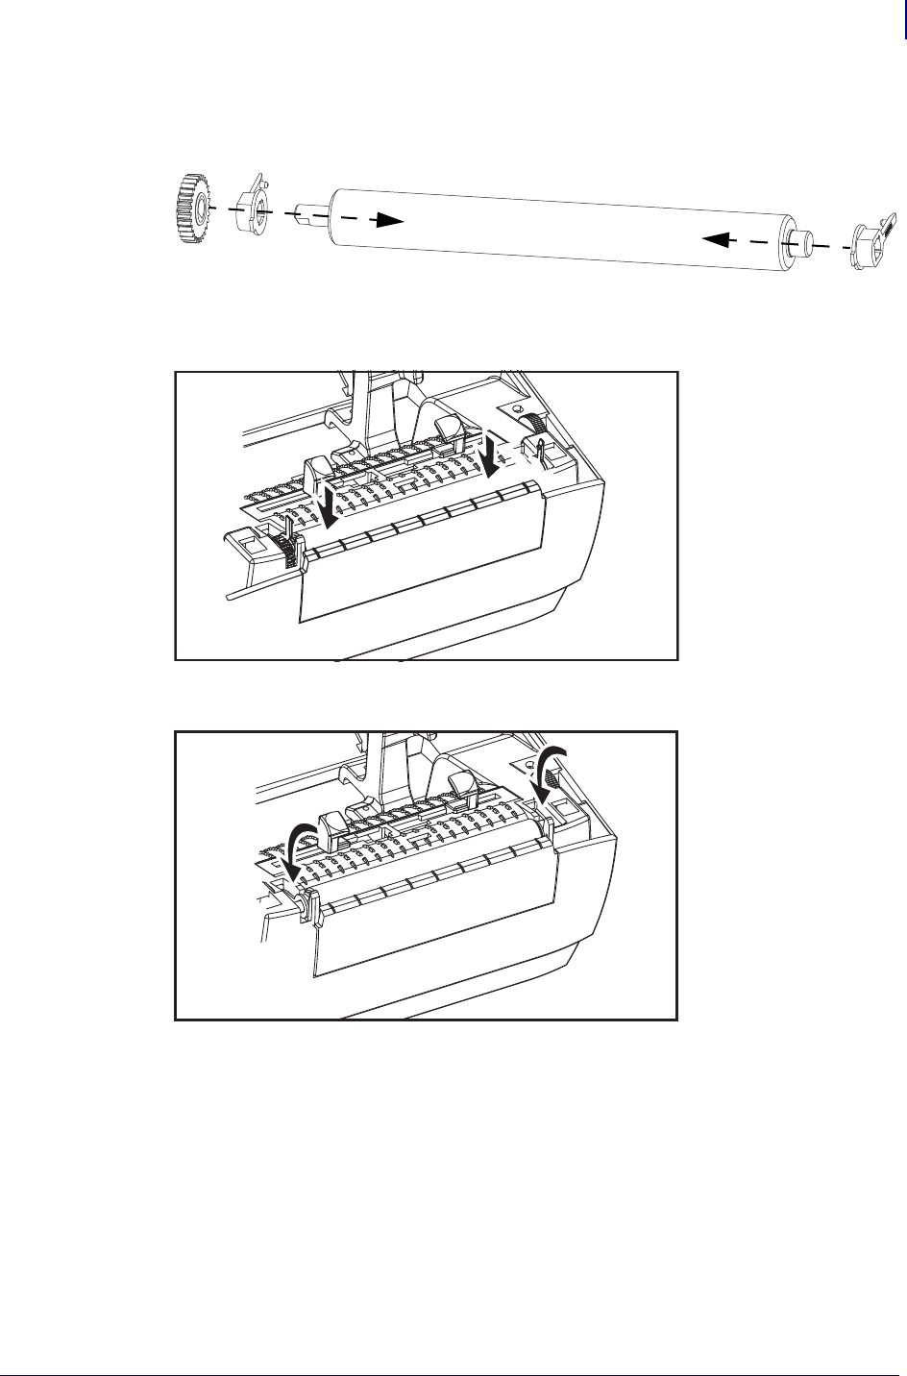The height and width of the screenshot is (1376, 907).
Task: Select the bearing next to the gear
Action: point(251,204)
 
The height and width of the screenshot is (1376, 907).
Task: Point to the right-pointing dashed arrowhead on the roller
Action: point(388,220)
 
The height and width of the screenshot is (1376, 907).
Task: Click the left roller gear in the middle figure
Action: point(283,551)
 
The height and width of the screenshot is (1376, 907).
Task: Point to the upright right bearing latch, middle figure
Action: point(543,448)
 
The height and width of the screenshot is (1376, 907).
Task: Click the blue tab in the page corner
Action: point(904,19)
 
